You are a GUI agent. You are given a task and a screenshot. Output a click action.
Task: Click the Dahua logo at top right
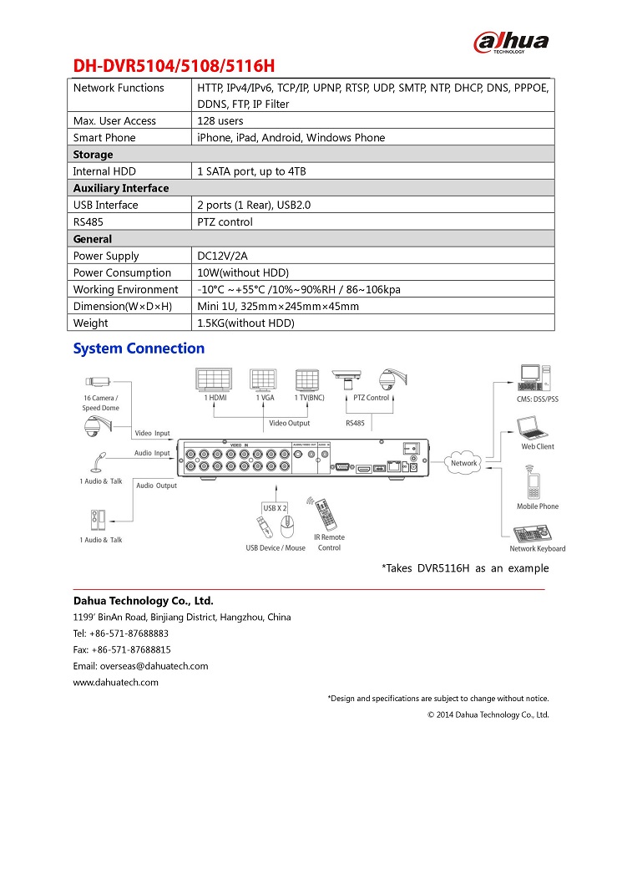coord(511,42)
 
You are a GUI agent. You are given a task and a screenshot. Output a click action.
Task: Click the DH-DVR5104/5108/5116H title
coord(174,67)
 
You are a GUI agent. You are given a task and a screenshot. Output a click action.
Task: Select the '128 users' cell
coord(220,121)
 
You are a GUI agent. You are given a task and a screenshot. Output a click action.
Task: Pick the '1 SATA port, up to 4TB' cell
coord(252,171)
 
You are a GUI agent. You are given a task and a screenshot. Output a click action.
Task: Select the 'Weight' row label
coord(91,323)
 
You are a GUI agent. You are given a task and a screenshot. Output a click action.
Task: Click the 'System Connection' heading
coord(139,348)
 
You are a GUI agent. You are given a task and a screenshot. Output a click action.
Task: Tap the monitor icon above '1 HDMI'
coord(217,379)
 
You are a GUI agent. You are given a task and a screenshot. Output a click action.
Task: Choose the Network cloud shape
coord(464,463)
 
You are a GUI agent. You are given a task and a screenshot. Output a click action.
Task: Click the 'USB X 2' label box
coord(276,508)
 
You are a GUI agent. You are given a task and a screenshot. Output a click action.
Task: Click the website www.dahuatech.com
coord(116,683)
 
